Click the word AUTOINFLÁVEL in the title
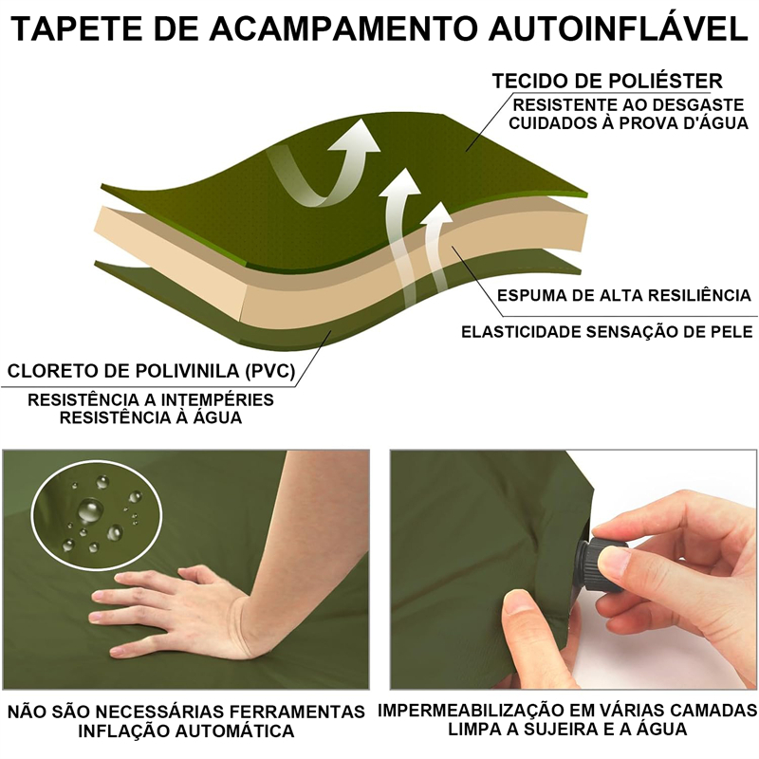click(619, 28)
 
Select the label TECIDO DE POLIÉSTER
click(607, 81)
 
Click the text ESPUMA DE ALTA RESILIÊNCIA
click(624, 295)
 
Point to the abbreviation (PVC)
click(269, 371)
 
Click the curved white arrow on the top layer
click(329, 163)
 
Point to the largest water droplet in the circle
click(90, 510)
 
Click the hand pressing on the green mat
click(175, 610)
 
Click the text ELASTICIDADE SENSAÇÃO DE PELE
click(607, 332)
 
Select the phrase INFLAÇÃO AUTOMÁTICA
click(186, 731)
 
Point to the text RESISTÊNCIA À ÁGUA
click(151, 417)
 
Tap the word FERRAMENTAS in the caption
click(297, 712)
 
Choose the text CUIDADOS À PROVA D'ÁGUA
click(628, 122)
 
